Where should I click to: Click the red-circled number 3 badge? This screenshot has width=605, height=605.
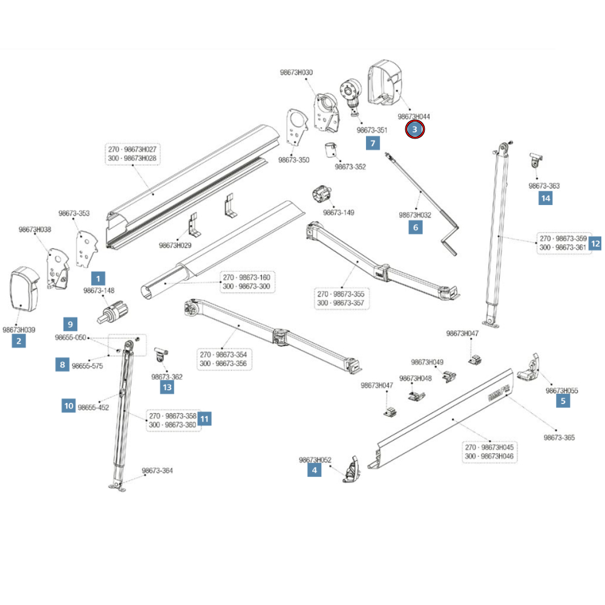pyautogui.click(x=415, y=129)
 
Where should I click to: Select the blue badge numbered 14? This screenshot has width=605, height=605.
pyautogui.click(x=545, y=198)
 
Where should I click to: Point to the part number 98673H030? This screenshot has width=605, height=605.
pyautogui.click(x=296, y=73)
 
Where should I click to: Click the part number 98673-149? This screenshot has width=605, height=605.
pyautogui.click(x=338, y=212)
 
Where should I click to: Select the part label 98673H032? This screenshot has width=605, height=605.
pyautogui.click(x=415, y=215)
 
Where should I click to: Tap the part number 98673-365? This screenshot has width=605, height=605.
pyautogui.click(x=559, y=437)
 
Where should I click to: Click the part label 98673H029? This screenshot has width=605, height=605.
pyautogui.click(x=175, y=245)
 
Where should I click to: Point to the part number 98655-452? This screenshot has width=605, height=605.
pyautogui.click(x=94, y=407)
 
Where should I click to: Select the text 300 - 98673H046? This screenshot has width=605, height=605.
pyautogui.click(x=489, y=456)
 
